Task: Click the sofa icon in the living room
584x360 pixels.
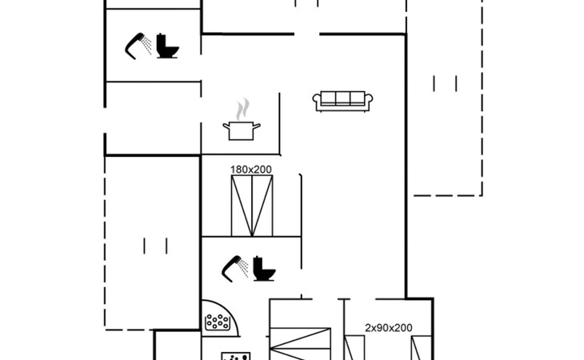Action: point(342,101)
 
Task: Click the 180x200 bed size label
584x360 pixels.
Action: point(251,170)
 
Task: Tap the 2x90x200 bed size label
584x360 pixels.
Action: point(389,328)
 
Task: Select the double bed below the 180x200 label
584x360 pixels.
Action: point(251,206)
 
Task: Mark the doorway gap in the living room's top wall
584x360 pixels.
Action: point(307,34)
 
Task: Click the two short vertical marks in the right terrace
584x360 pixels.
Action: point(444,83)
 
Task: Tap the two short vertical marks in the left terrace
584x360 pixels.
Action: point(155,246)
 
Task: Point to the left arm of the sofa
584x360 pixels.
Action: point(317,101)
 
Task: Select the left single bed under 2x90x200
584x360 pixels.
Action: point(355,349)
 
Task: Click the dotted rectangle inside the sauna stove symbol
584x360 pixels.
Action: point(217,322)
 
